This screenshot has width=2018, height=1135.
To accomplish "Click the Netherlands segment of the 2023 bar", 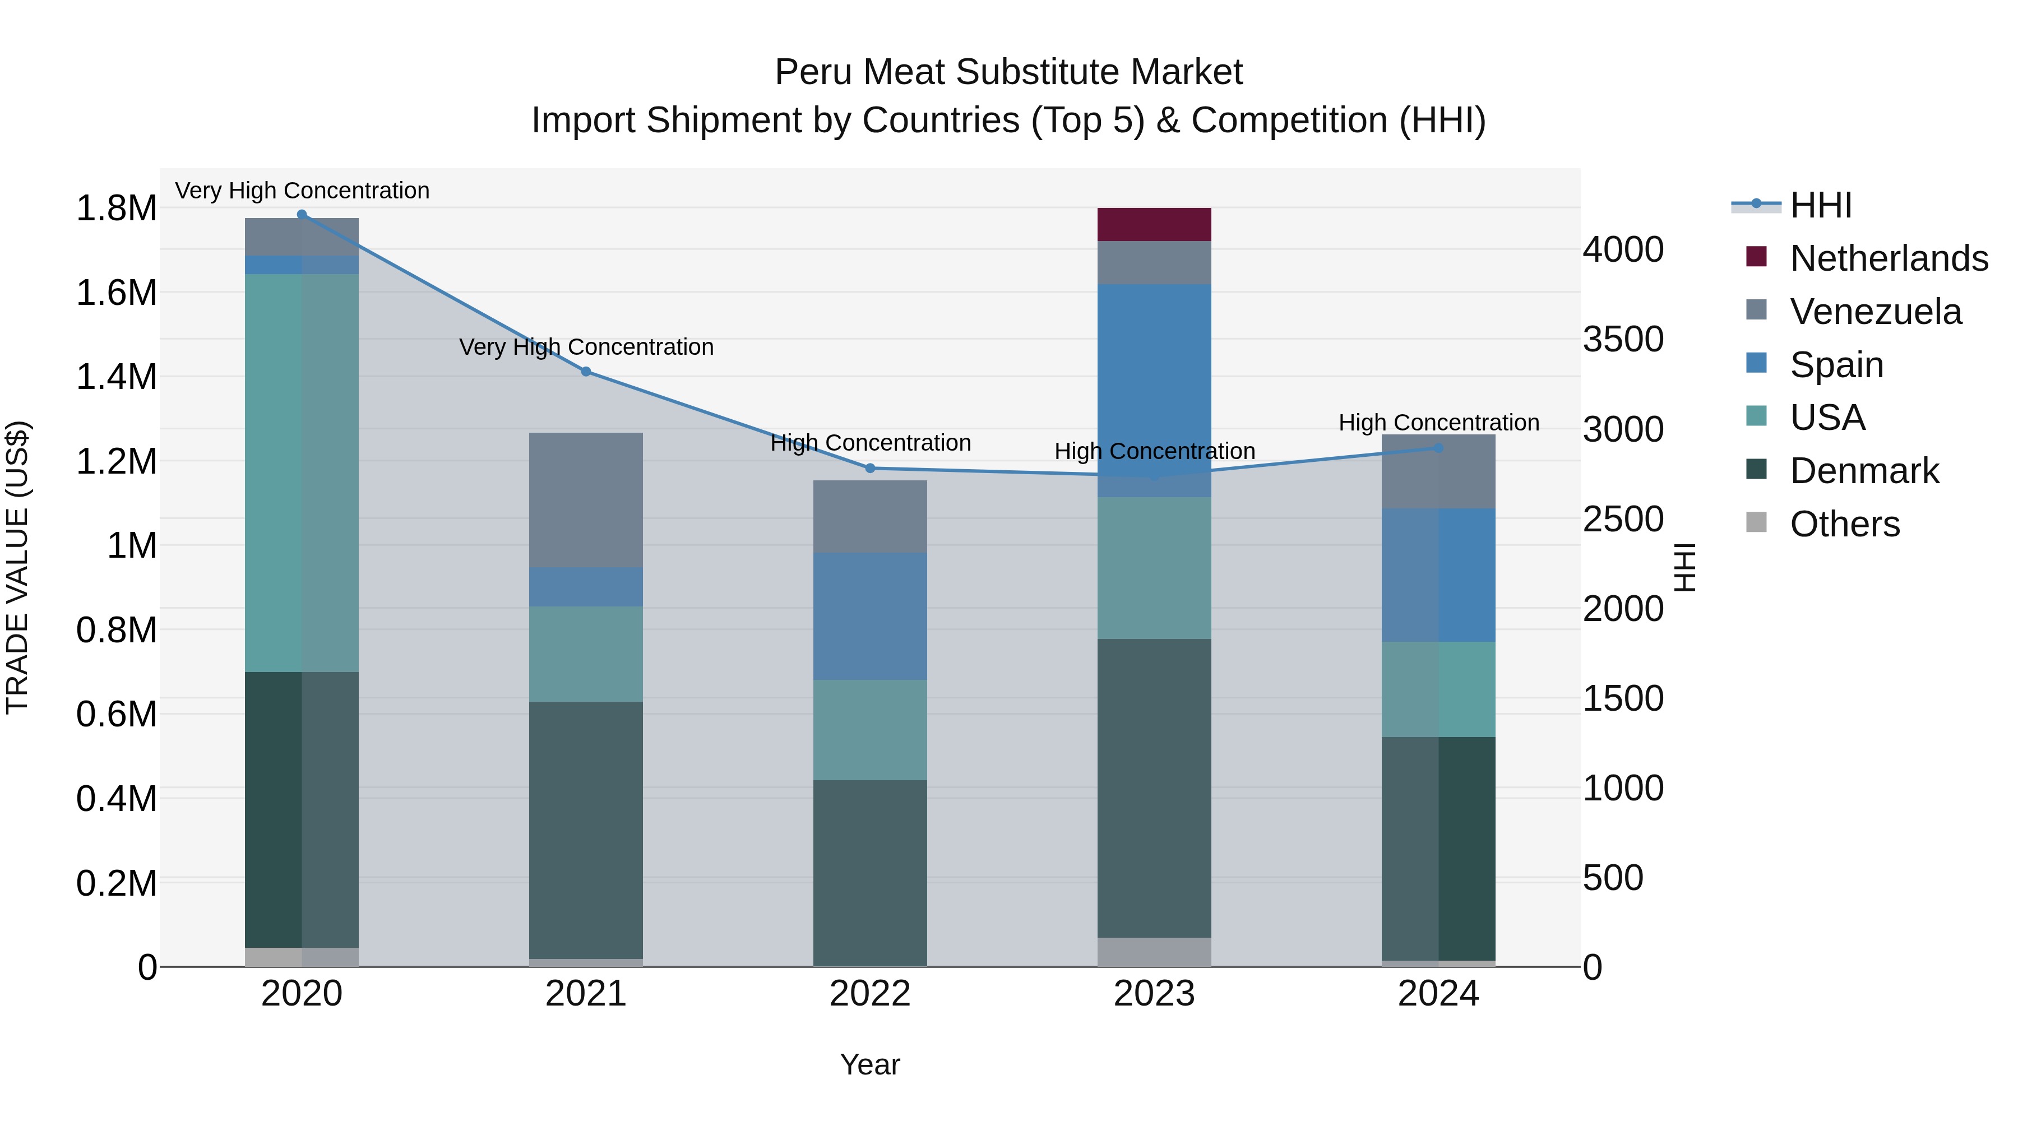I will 1154,224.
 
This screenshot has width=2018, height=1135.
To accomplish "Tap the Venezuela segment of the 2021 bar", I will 586,500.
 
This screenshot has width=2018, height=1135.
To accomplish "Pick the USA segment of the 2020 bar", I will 302,472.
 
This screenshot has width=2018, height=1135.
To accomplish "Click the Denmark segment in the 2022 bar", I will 869,873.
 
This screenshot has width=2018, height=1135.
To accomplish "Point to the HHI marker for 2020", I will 302,215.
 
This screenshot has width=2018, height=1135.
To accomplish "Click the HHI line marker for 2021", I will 586,371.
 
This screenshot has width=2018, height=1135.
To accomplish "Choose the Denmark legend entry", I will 1864,471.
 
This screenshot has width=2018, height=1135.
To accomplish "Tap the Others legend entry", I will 1844,524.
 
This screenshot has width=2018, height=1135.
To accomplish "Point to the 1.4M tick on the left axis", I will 116,377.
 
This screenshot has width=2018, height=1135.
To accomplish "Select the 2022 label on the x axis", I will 869,994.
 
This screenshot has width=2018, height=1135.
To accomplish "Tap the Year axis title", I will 869,1064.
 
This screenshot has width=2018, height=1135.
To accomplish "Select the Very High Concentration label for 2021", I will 586,347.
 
